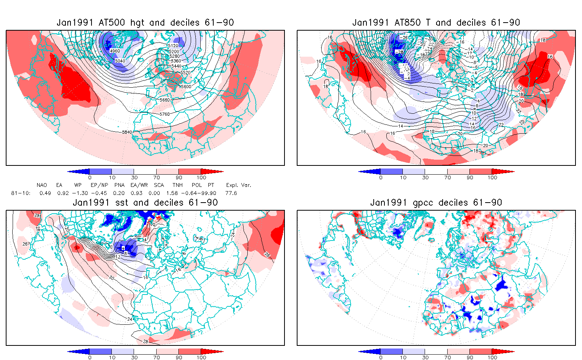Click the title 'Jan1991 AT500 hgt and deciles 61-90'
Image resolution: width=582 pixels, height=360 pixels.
(145, 23)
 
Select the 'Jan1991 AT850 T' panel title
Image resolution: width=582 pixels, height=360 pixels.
(436, 23)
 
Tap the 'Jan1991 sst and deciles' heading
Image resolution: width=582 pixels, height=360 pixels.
(145, 203)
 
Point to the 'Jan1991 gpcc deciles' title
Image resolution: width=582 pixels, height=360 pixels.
(436, 203)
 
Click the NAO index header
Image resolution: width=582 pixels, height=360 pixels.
(42, 185)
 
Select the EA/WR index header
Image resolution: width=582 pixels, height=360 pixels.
(139, 185)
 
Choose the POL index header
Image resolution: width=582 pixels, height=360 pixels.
(197, 185)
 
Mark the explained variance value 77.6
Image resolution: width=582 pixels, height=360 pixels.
(231, 193)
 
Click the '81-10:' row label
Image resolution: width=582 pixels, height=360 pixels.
(21, 193)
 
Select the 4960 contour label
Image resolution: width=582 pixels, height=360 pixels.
(114, 51)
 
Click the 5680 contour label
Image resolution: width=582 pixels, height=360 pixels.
(165, 100)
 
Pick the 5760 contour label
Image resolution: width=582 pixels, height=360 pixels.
(165, 114)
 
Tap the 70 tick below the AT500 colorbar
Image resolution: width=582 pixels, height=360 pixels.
(156, 178)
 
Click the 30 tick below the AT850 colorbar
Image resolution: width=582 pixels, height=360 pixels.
(425, 178)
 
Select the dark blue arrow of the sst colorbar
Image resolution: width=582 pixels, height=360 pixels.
(78, 352)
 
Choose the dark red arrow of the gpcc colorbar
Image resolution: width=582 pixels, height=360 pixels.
(503, 352)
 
